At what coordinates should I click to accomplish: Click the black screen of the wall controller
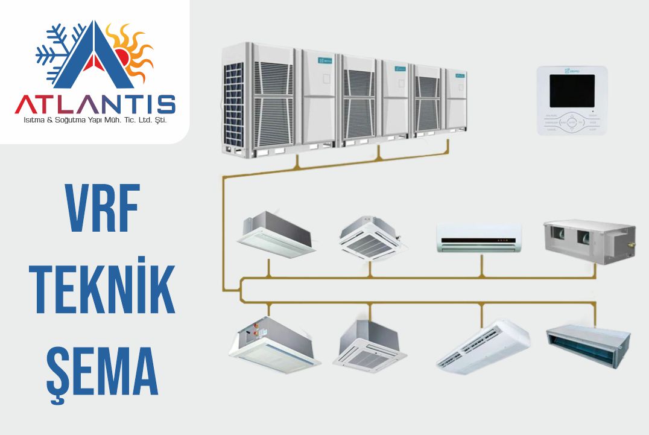[572, 91]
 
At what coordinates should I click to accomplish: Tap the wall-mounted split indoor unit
[479, 238]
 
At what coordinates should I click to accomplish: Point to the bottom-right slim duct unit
[587, 341]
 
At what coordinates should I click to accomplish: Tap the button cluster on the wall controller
[572, 121]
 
